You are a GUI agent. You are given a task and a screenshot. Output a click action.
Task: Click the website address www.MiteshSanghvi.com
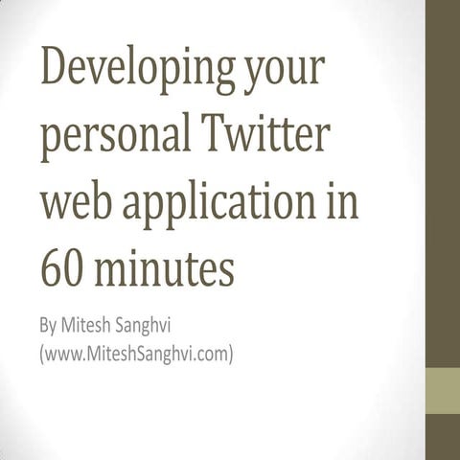tap(135, 355)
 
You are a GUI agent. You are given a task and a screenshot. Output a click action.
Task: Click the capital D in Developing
tap(53, 72)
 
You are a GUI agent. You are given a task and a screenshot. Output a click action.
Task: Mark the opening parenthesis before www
tap(41, 356)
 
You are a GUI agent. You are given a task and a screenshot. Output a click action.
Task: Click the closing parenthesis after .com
tap(231, 356)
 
